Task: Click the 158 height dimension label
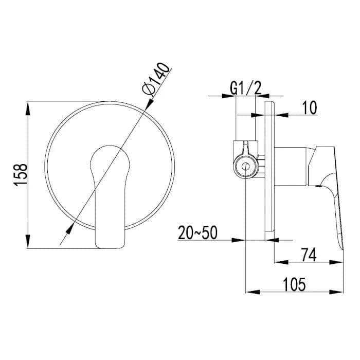click(20, 175)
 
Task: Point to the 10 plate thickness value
click(310, 107)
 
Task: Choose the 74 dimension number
click(309, 255)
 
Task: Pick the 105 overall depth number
click(294, 284)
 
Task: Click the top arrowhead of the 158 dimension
click(28, 108)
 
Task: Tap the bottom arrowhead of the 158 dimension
click(28, 241)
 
